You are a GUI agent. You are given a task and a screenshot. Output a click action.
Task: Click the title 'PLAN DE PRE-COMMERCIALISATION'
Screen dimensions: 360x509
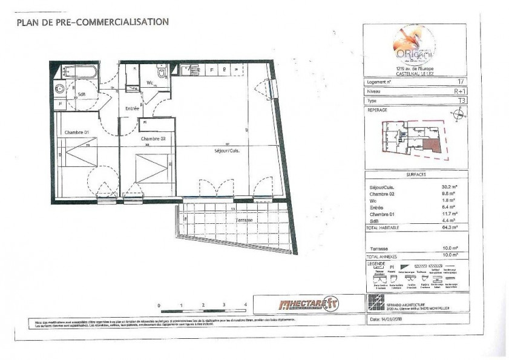click(x=92, y=22)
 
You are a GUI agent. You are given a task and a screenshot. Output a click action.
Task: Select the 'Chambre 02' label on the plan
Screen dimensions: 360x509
click(x=154, y=139)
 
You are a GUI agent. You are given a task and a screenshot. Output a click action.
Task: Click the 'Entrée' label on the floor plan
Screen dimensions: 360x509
click(x=133, y=108)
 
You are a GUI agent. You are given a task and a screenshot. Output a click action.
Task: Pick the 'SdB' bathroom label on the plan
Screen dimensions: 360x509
click(x=81, y=94)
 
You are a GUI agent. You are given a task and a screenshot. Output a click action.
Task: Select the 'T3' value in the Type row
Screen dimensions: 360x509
click(x=462, y=100)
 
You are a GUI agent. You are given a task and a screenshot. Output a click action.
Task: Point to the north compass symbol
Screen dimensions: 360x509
click(x=459, y=113)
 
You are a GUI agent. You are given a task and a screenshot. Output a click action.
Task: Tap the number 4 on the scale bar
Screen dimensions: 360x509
click(x=245, y=306)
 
